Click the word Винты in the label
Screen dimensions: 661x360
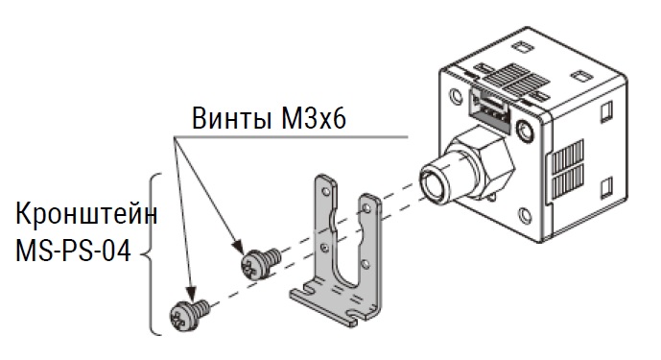[231, 118]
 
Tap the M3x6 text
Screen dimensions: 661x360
[313, 118]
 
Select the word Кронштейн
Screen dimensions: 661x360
[86, 214]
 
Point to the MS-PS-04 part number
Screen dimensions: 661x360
[73, 251]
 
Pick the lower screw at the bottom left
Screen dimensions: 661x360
[189, 315]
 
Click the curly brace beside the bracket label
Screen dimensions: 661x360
[153, 254]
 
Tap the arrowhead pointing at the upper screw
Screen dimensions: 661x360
[238, 247]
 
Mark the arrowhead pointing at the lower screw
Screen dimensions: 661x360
[191, 293]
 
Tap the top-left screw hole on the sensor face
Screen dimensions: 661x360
[456, 97]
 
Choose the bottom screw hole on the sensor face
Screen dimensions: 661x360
[525, 216]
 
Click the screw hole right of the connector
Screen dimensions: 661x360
[526, 131]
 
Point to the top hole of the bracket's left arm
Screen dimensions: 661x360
[326, 191]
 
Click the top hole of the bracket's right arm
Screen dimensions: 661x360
[366, 207]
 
